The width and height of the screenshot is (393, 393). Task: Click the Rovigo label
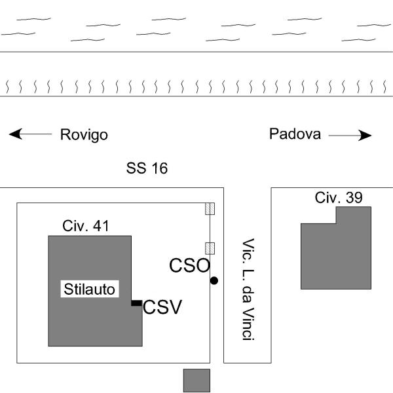coord(84,135)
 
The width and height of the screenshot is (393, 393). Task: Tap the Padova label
coord(295,134)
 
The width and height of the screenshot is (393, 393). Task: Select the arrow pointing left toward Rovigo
coord(30,135)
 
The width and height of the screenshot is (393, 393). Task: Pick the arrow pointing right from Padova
coord(350,136)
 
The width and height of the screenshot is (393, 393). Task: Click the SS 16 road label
coord(147,168)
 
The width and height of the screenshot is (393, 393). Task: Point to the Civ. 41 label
coord(86,227)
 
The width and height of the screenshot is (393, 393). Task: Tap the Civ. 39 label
coord(339,197)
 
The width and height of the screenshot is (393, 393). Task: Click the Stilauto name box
coord(90,289)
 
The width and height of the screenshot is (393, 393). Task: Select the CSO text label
coord(189,265)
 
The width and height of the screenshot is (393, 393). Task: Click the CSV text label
coord(162,307)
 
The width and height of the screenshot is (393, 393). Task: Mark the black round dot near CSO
coord(214,280)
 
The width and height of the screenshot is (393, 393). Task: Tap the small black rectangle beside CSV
coord(136,303)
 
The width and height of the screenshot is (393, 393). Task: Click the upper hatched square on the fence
coord(210,208)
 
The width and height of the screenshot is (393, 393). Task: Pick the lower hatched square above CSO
coord(210,248)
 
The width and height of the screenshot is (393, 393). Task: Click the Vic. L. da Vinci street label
coord(247,289)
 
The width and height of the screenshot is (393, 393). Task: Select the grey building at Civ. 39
coord(335,252)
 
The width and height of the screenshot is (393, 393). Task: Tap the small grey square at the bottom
coord(196,380)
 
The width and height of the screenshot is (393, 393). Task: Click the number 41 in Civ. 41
coord(101,227)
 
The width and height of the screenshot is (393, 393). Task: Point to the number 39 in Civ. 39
coord(354,197)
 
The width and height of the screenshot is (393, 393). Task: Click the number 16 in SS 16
coord(159,168)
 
